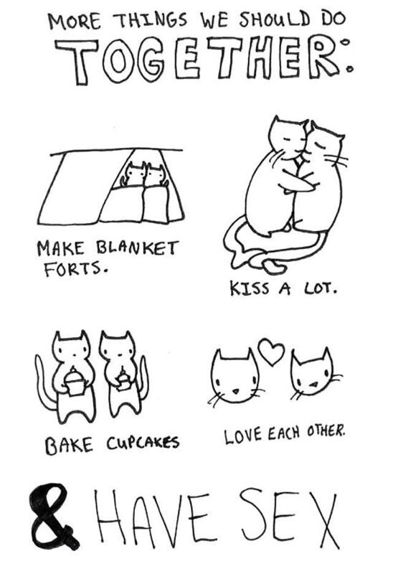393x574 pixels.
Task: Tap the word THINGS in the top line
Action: [x=151, y=21]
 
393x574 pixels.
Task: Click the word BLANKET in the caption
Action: [x=137, y=248]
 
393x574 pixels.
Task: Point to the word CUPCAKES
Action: [x=143, y=443]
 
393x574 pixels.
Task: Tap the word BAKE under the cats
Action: [x=70, y=446]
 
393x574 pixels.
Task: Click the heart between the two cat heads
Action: [x=271, y=352]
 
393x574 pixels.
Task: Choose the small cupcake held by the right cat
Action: [x=123, y=381]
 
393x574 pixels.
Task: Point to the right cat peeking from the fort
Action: [x=156, y=176]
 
